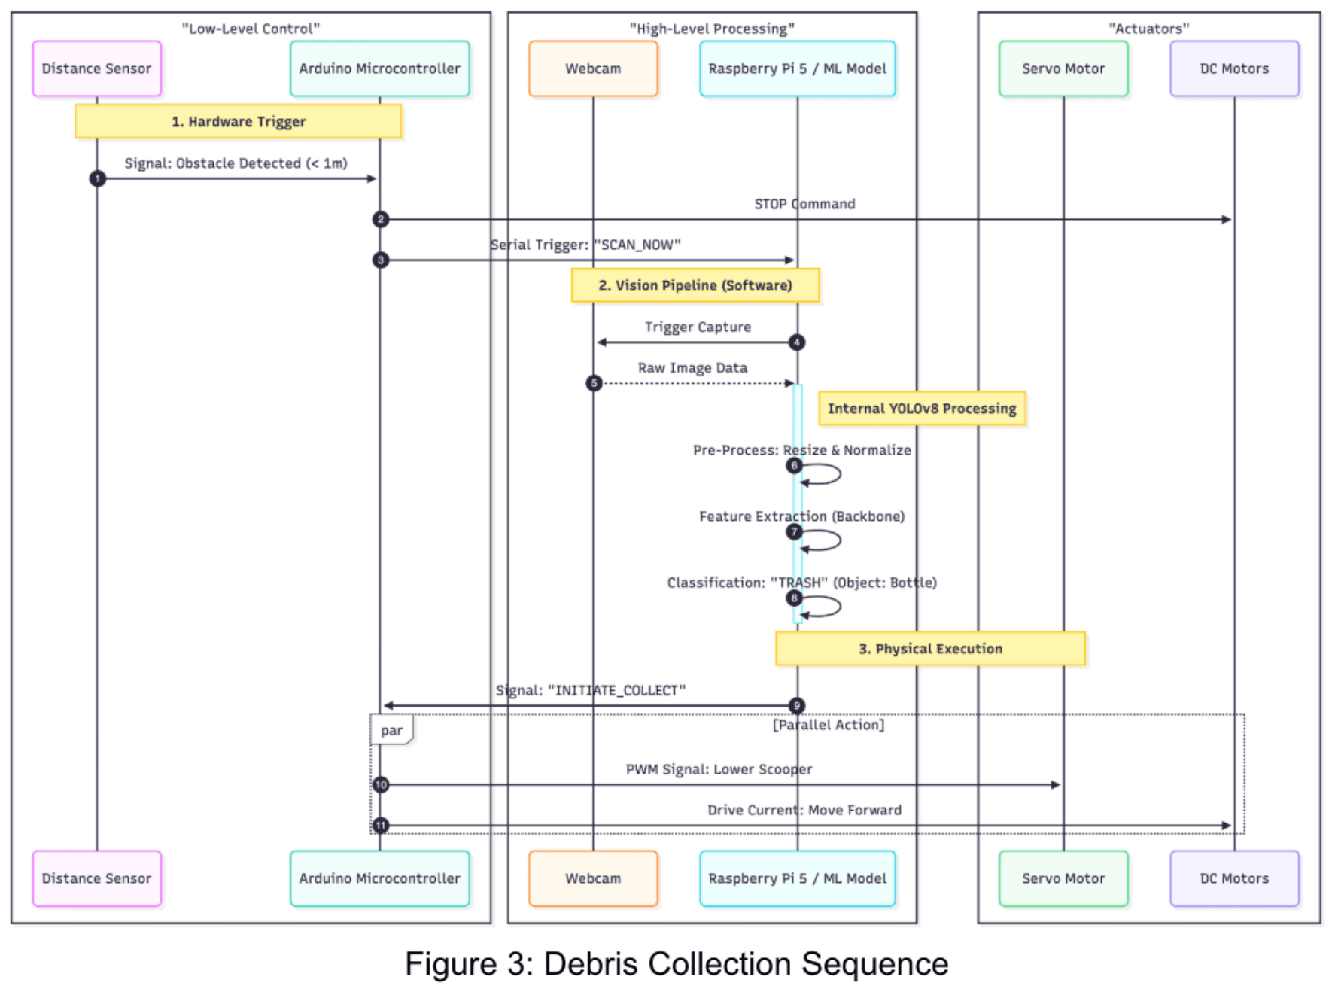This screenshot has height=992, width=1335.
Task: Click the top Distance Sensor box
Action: [x=96, y=68]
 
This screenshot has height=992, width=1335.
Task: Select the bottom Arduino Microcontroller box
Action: [x=379, y=878]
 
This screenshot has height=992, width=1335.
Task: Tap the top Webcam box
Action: [x=593, y=68]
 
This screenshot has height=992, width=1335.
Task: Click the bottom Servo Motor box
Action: [x=1063, y=878]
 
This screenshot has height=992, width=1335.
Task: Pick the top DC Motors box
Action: [x=1234, y=68]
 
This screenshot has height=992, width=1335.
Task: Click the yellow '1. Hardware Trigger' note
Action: [x=238, y=121]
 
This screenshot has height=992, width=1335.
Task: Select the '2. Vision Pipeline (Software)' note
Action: [x=695, y=285]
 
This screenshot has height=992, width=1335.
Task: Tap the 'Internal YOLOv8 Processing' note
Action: [x=921, y=409]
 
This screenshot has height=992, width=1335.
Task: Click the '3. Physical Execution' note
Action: [x=930, y=648]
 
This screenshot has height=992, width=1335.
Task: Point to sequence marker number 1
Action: [x=97, y=178]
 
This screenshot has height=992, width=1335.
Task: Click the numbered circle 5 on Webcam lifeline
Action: [x=594, y=383]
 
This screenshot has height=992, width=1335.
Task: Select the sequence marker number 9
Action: [x=796, y=705]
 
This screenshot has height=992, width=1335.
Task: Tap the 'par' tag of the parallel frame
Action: [x=391, y=730]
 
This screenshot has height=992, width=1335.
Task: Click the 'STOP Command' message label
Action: [x=804, y=204]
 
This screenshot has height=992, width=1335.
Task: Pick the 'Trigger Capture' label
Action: [x=698, y=327]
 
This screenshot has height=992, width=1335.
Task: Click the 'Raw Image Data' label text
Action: [x=692, y=367]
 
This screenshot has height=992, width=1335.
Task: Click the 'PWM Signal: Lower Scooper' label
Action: [x=719, y=769]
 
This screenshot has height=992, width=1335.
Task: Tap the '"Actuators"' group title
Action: [x=1148, y=29]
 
